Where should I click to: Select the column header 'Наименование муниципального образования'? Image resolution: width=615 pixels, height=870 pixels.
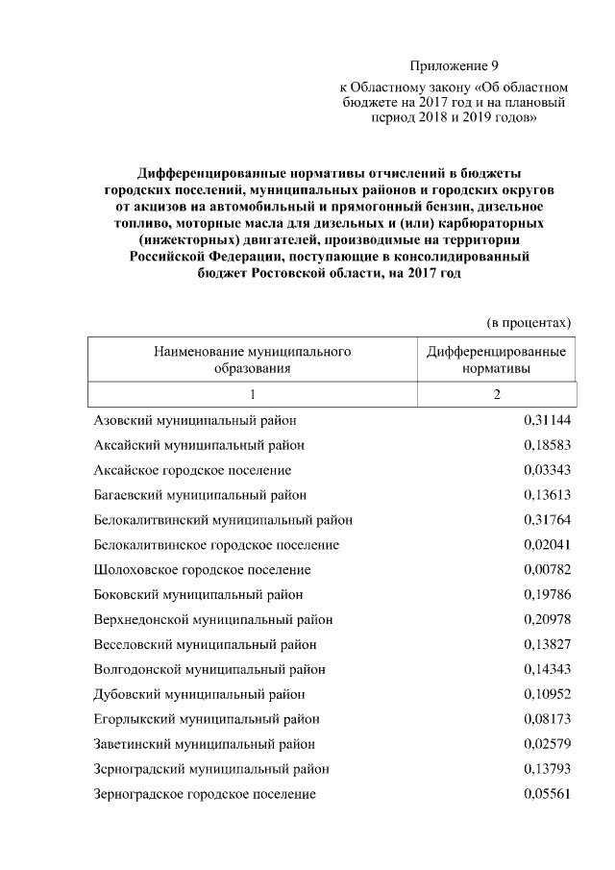[252, 359]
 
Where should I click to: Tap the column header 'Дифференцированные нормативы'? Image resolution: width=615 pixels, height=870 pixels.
[496, 359]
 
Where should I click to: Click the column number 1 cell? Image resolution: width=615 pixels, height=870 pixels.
[252, 395]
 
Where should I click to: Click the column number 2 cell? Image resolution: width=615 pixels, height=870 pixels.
[497, 395]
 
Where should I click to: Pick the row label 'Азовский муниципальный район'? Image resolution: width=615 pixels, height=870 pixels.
[195, 421]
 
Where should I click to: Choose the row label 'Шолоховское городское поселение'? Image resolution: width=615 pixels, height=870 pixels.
[202, 570]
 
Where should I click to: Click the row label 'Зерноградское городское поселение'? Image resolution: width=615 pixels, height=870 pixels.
[205, 794]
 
